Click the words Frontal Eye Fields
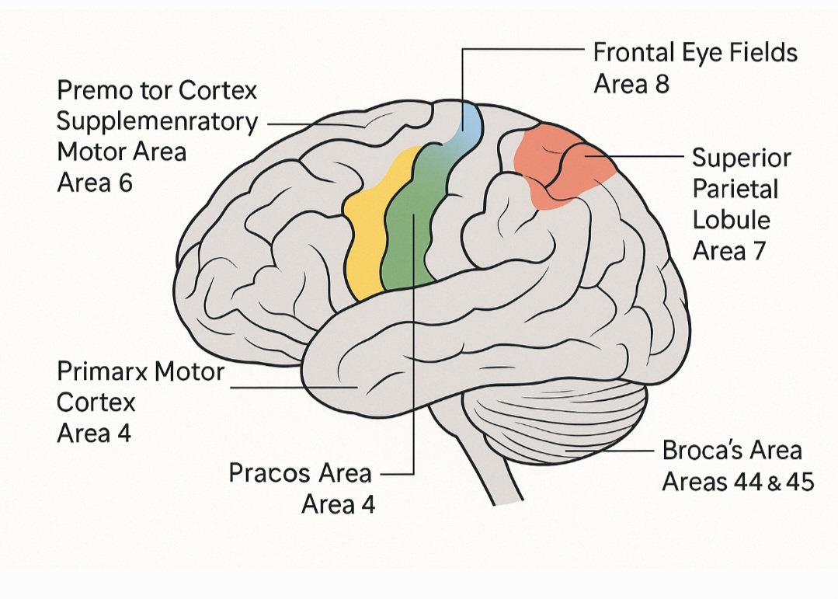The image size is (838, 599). (x=695, y=54)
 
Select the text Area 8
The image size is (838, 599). (x=631, y=84)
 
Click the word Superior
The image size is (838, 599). (x=741, y=158)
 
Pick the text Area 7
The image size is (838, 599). (x=729, y=250)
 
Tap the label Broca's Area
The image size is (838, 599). (x=732, y=451)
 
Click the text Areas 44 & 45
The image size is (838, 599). (x=737, y=482)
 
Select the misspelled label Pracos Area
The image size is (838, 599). (x=300, y=472)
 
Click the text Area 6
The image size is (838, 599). (x=95, y=183)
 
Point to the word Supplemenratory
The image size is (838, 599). (x=158, y=122)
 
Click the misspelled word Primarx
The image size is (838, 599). (x=102, y=371)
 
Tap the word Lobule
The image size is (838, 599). (x=731, y=220)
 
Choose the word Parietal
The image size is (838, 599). (x=734, y=189)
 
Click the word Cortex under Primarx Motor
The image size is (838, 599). (x=96, y=402)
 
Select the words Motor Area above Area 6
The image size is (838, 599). (x=122, y=152)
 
